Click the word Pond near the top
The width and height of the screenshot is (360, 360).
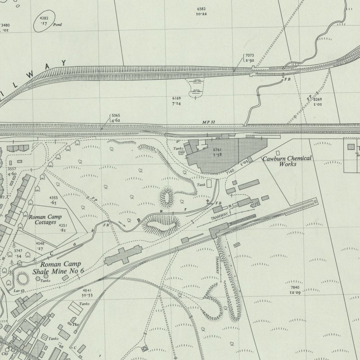click(x=57, y=25)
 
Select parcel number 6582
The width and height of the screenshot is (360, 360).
click(x=201, y=9)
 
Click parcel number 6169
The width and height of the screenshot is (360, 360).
click(x=176, y=98)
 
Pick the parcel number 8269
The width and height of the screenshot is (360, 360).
click(x=318, y=99)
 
